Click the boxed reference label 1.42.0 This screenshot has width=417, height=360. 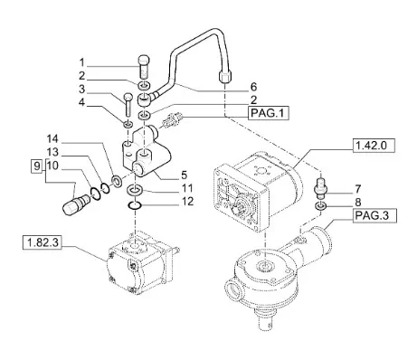(x=374, y=146)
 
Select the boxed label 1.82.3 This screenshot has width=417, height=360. (x=42, y=242)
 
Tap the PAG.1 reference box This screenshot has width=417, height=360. (x=268, y=113)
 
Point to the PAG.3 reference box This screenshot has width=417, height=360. (x=375, y=216)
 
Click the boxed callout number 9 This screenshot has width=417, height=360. (x=36, y=166)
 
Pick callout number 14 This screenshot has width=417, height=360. (x=52, y=139)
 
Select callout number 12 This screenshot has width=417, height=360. (x=187, y=202)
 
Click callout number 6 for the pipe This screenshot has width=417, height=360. (x=253, y=87)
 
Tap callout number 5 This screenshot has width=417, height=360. (x=184, y=175)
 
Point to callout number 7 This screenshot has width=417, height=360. (x=357, y=189)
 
